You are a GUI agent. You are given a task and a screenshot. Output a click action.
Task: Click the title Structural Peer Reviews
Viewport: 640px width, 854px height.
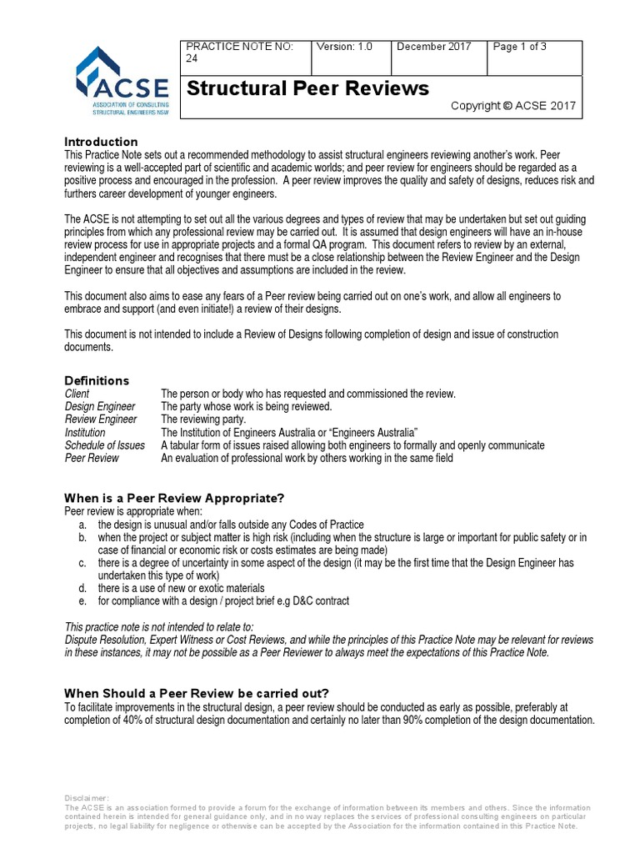pos(307,88)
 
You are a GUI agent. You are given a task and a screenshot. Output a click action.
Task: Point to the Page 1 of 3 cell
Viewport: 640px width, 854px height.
pos(519,47)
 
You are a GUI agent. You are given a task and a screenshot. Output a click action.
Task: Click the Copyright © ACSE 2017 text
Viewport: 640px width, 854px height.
pos(512,106)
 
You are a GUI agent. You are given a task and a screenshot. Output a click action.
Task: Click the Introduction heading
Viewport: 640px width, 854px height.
pos(101,142)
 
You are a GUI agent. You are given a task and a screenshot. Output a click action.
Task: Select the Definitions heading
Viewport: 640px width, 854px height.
pos(97,380)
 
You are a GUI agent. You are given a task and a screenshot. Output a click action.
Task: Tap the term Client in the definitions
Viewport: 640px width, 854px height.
pos(77,394)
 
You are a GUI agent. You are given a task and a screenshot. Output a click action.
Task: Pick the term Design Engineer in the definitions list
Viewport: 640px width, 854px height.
pos(100,406)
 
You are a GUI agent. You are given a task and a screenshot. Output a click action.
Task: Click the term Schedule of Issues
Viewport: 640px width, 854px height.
pos(105,445)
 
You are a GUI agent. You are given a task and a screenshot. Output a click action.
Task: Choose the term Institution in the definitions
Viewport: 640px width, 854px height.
pos(85,433)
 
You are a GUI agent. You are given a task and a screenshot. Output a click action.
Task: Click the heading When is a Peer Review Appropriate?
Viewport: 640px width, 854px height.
pos(175,498)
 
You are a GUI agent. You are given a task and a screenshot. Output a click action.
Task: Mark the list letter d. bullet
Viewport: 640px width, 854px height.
pos(82,589)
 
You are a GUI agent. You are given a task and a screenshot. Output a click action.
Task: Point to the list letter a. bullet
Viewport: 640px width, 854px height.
pos(82,525)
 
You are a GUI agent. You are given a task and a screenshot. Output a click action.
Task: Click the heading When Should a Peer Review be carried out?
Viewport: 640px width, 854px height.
pos(197,693)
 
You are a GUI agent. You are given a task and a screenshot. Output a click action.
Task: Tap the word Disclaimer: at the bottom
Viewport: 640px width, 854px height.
pos(87,798)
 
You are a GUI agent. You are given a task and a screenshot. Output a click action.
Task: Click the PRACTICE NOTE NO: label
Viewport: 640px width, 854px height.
pos(239,47)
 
